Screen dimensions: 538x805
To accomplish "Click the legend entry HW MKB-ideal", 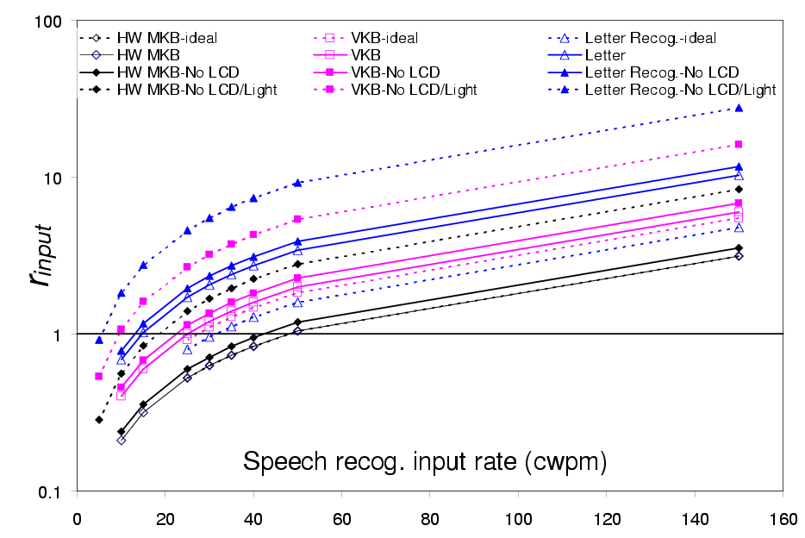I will (166, 38).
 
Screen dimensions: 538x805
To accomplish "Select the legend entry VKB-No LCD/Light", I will (414, 90).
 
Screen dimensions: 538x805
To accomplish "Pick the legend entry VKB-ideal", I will (384, 38).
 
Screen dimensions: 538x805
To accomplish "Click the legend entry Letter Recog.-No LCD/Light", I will (680, 90).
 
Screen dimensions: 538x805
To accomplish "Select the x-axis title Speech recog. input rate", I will (425, 461).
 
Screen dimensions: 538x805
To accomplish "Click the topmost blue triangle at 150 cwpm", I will (739, 108).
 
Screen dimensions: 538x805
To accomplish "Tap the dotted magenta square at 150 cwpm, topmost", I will (739, 144).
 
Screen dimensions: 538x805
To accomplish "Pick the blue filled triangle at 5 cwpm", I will (99, 340).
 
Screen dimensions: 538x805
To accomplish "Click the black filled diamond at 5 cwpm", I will (99, 420).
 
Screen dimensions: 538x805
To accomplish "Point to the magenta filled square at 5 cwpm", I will (99, 376).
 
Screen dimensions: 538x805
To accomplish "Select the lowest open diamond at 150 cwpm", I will (739, 256).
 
